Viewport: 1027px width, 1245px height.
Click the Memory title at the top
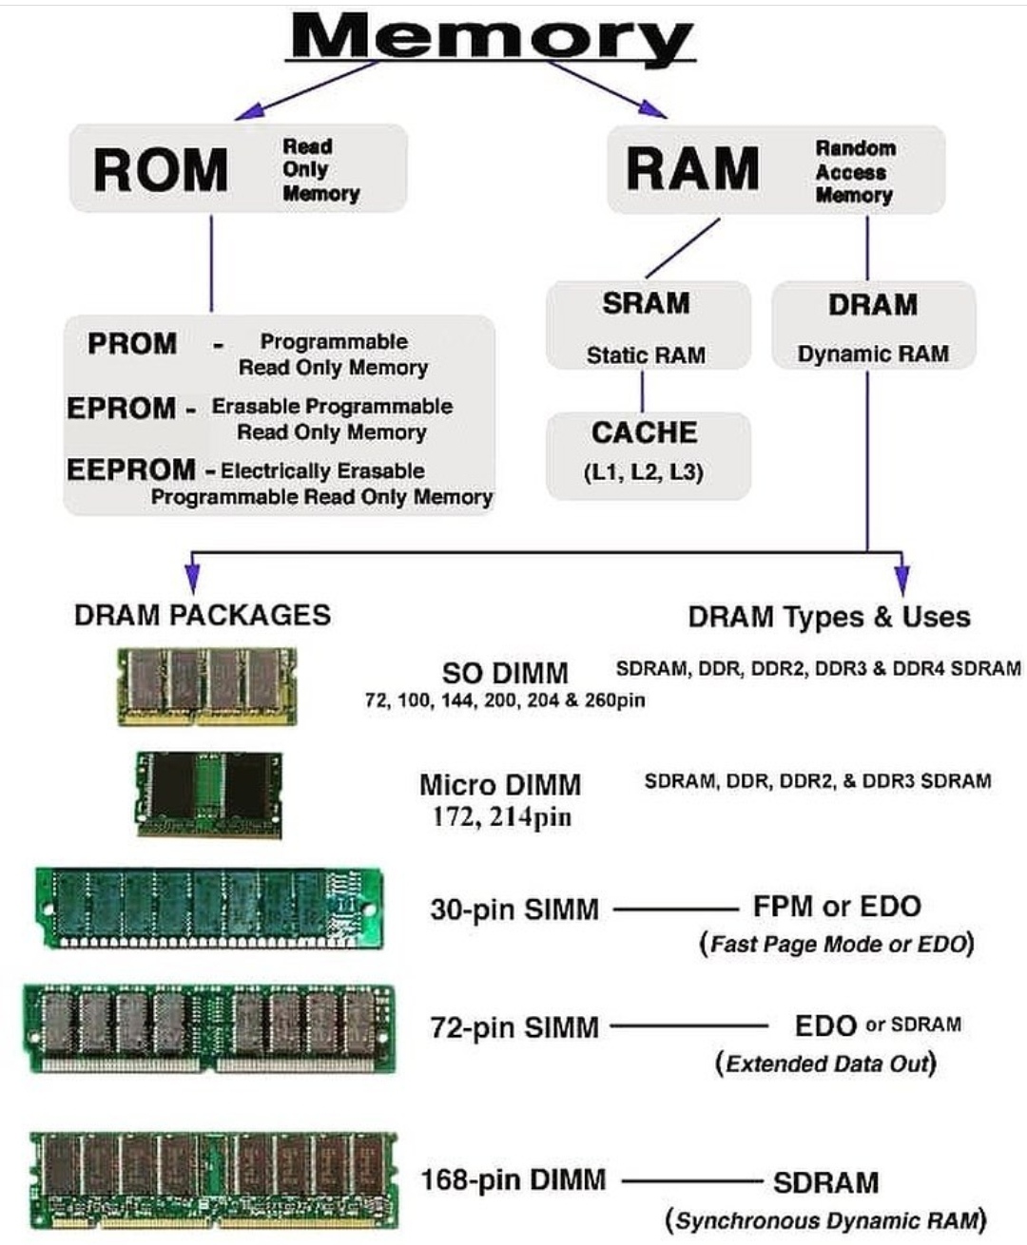[x=492, y=38]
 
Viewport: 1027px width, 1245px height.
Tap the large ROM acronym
[x=161, y=170]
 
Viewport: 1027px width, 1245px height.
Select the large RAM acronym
[x=692, y=169]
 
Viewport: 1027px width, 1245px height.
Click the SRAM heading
[x=646, y=304]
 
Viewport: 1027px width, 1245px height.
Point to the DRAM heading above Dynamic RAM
[x=872, y=305]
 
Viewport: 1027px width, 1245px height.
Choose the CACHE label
[x=645, y=433]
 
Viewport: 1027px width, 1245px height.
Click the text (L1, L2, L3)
[x=644, y=472]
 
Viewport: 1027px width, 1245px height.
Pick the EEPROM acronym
[x=130, y=469]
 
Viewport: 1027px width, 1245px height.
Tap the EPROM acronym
[x=121, y=408]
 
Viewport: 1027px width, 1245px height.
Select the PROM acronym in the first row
[x=132, y=343]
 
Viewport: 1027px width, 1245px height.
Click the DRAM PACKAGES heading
[x=203, y=615]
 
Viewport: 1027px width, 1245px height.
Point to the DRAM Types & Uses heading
[x=829, y=617]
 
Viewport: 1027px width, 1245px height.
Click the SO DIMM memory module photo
[x=206, y=685]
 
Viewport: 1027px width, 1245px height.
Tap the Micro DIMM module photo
[x=209, y=795]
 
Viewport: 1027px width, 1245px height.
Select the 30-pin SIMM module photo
[x=210, y=908]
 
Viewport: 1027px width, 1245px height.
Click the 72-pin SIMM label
[x=514, y=1027]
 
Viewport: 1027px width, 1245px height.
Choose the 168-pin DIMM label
[x=513, y=1180]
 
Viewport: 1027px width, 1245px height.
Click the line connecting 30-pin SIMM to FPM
[x=675, y=910]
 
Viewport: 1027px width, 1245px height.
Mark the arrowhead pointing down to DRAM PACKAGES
[x=192, y=577]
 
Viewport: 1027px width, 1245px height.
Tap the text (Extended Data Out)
[x=825, y=1063]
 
